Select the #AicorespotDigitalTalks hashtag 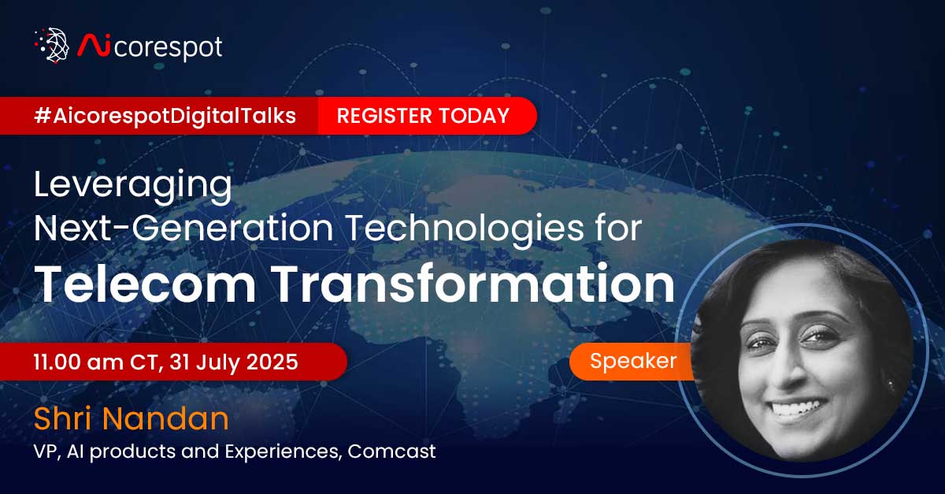click(165, 116)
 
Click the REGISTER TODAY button click(423, 116)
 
